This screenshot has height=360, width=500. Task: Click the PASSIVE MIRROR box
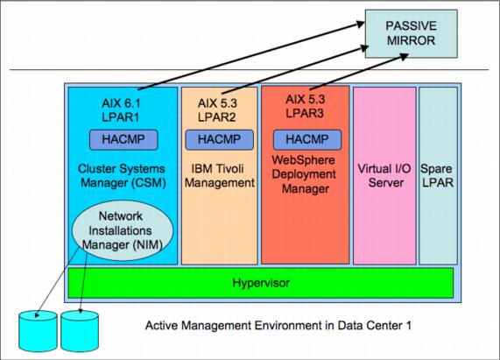click(x=411, y=33)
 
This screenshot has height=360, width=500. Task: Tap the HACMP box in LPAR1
click(x=123, y=139)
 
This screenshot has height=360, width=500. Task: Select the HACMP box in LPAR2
click(x=220, y=139)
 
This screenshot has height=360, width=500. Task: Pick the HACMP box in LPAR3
click(x=307, y=139)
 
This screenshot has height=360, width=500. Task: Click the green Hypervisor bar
click(x=261, y=283)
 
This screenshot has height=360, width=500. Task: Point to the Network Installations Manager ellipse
click(x=123, y=230)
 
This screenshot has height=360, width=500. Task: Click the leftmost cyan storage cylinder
click(x=38, y=331)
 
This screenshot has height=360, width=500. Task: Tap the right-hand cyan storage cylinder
click(x=80, y=331)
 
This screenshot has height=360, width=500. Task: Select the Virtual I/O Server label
click(x=384, y=176)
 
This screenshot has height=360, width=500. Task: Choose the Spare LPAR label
click(x=437, y=176)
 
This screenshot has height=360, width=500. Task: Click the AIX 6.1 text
click(x=121, y=103)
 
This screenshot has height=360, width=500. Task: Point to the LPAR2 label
click(x=217, y=117)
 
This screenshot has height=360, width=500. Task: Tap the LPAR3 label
click(x=305, y=113)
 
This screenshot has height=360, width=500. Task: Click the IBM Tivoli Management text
click(x=220, y=176)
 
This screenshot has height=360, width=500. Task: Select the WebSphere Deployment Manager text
click(x=304, y=174)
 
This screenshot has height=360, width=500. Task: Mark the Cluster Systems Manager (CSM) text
click(x=122, y=176)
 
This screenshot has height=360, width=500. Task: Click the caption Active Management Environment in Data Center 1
click(x=278, y=326)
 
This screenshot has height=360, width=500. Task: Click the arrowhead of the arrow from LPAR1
click(x=362, y=25)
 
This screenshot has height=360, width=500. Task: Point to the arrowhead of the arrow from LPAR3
click(x=405, y=57)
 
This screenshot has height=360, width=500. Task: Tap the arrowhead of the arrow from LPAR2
click(x=364, y=48)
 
